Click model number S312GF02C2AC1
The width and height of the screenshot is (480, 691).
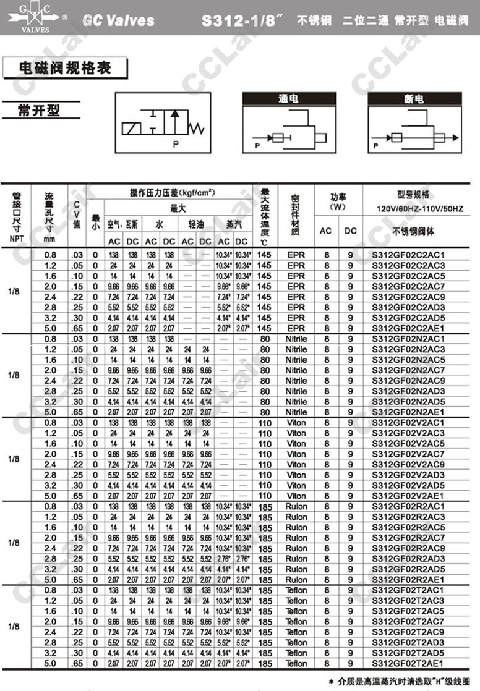[x=408, y=255]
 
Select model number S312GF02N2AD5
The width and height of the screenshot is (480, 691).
[x=408, y=402]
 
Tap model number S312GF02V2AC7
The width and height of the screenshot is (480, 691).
[x=408, y=454]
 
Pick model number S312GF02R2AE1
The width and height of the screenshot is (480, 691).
[x=408, y=580]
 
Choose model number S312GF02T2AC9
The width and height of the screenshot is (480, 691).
[x=408, y=632]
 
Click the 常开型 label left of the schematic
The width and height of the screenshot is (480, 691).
[x=40, y=111]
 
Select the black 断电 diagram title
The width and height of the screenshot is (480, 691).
[x=414, y=99]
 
